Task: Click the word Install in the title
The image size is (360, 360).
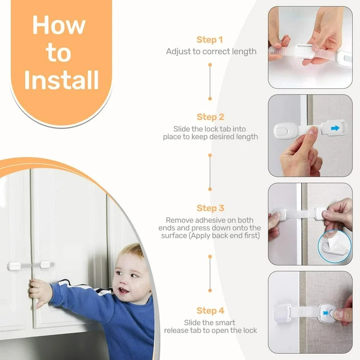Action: click(x=61, y=80)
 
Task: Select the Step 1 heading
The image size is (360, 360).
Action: click(x=210, y=40)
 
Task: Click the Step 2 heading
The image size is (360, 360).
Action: click(x=210, y=117)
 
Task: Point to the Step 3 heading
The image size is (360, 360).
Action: click(x=210, y=208)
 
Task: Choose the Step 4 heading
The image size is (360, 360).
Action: click(x=210, y=311)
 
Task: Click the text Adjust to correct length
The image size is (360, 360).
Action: click(x=211, y=51)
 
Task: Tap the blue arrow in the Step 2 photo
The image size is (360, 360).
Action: click(x=335, y=129)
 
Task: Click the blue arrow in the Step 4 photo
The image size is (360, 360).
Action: click(x=326, y=313)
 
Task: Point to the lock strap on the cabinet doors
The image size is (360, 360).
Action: click(x=31, y=265)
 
